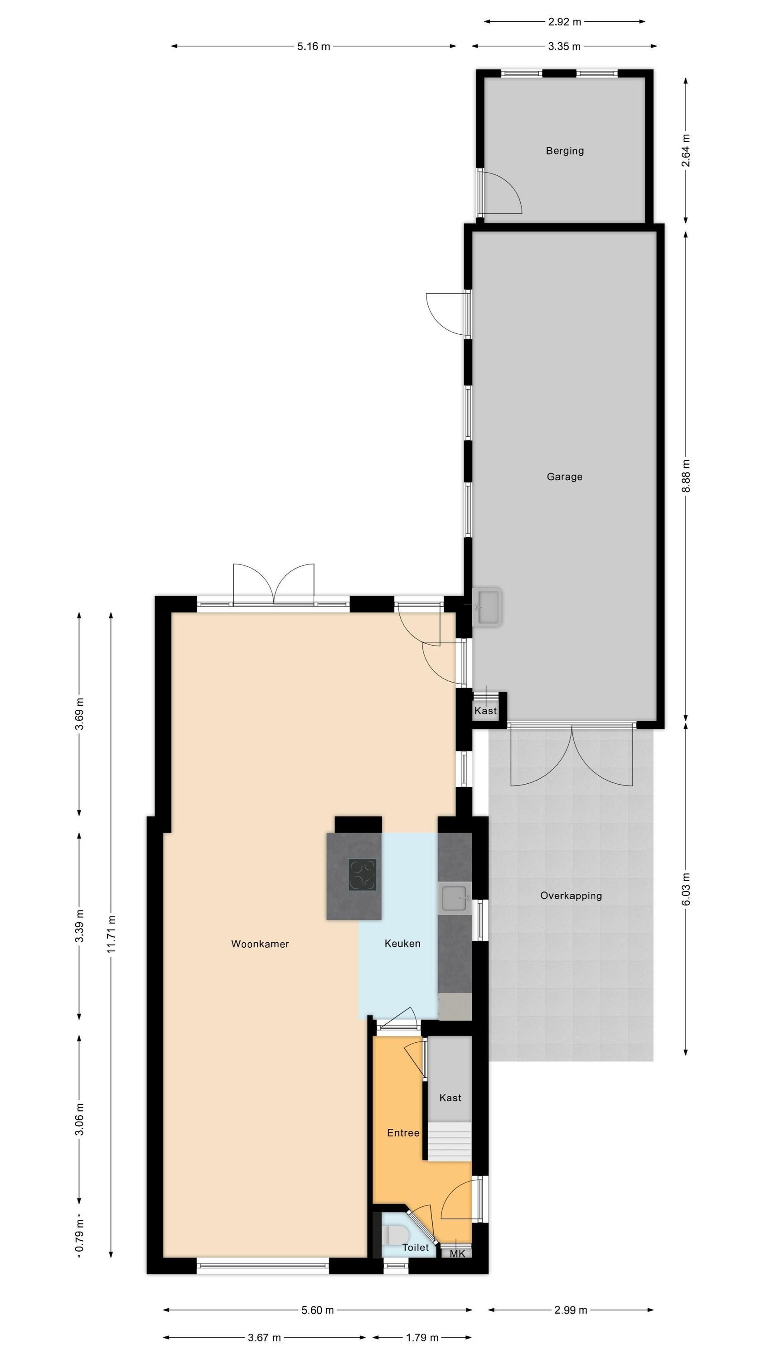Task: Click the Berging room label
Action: coord(564,151)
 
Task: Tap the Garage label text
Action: coord(564,477)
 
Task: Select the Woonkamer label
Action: coord(260,944)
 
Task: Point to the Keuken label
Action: coord(402,943)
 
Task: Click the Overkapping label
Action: coord(571,896)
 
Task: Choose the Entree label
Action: coord(403,1132)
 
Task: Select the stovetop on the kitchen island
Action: coord(362,874)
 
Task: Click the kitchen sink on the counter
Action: coord(455,898)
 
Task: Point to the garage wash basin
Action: coord(486,607)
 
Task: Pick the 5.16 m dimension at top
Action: coord(314,46)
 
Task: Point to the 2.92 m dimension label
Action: coord(564,22)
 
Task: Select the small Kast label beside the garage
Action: coord(485,711)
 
